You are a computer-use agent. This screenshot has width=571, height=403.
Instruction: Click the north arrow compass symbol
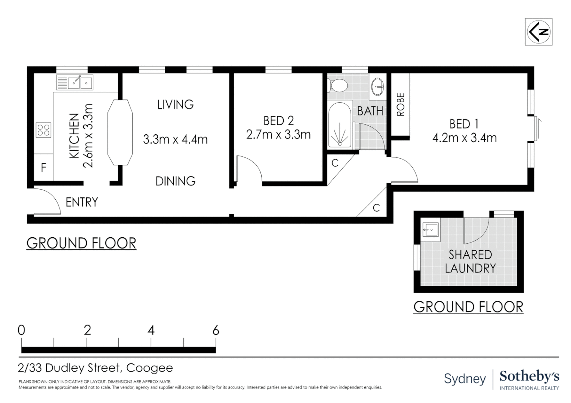pyautogui.click(x=538, y=32)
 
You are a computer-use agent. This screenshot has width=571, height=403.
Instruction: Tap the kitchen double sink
pyautogui.click(x=75, y=82)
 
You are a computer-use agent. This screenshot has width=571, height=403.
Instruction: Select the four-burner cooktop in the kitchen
pyautogui.click(x=44, y=130)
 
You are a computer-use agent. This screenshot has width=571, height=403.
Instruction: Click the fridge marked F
pyautogui.click(x=43, y=168)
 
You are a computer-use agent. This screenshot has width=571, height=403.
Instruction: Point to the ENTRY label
pyautogui.click(x=81, y=202)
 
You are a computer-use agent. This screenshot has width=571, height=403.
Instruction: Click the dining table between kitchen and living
pyautogui.click(x=120, y=132)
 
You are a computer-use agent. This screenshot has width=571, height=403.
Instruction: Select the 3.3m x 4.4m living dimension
pyautogui.click(x=175, y=140)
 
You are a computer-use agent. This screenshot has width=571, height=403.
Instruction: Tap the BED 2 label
pyautogui.click(x=278, y=121)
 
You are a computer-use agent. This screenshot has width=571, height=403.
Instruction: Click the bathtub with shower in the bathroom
pyautogui.click(x=340, y=125)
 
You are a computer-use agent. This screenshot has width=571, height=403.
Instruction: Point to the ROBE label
pyautogui.click(x=401, y=104)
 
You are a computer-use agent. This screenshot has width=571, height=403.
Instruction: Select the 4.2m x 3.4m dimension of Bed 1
pyautogui.click(x=464, y=138)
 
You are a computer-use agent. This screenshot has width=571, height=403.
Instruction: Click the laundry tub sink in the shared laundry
pyautogui.click(x=430, y=228)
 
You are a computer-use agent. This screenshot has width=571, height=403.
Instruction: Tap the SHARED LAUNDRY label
pyautogui.click(x=470, y=261)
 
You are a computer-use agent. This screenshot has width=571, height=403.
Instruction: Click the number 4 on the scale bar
pyautogui.click(x=151, y=330)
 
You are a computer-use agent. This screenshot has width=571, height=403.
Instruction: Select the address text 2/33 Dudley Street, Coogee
pyautogui.click(x=95, y=368)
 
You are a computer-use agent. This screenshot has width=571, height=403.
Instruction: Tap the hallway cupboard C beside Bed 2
pyautogui.click(x=335, y=163)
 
